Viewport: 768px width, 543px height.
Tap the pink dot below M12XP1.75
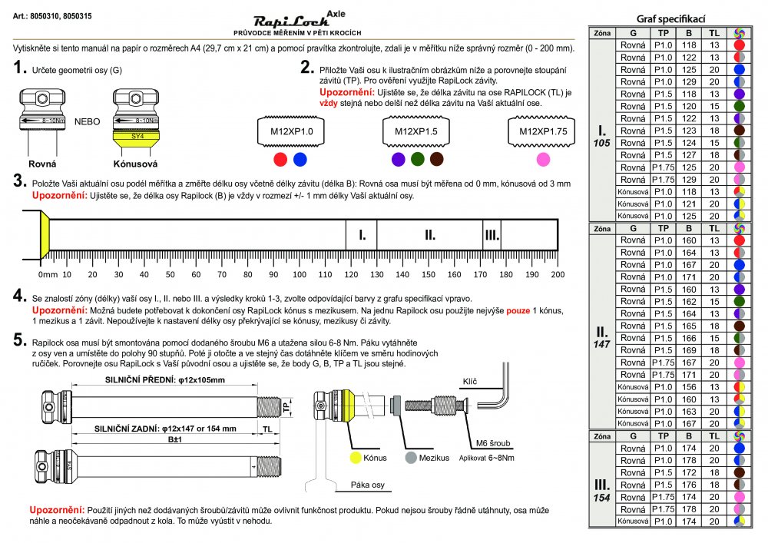(543, 159)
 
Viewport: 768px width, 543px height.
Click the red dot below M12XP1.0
(280, 159)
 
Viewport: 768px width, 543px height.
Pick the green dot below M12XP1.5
(418, 159)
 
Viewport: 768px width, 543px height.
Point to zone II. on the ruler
(430, 235)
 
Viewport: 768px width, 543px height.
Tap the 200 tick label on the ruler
(558, 274)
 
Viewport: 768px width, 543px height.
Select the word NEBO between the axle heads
(86, 121)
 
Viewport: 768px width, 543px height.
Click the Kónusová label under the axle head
(135, 164)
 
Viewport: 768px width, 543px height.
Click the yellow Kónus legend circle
(356, 457)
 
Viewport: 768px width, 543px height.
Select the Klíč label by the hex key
(470, 381)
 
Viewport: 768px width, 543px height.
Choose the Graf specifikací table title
(671, 18)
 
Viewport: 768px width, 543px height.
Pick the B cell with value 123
(689, 131)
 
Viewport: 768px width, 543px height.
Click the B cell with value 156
(689, 387)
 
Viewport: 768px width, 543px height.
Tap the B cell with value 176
(689, 485)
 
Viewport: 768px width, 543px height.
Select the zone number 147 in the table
(603, 346)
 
